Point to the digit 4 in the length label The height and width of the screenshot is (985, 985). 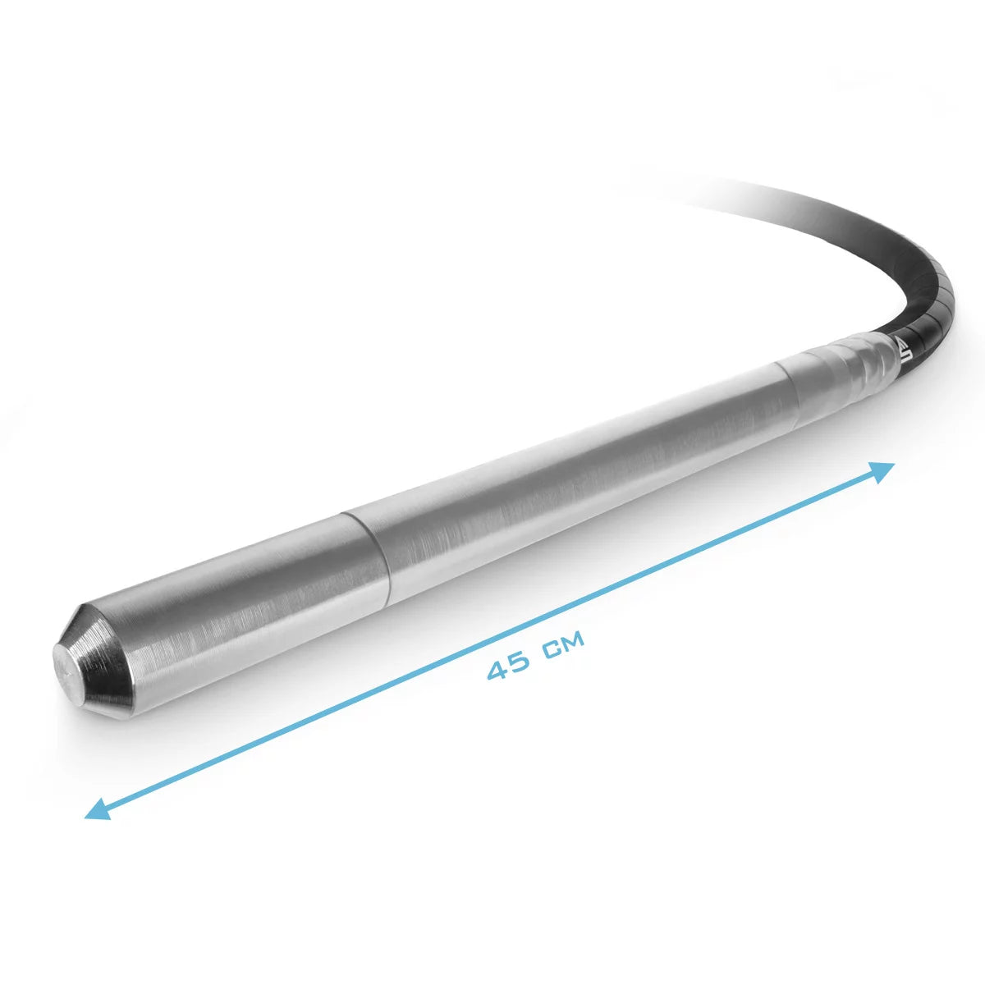click(498, 669)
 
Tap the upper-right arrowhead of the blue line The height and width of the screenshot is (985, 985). click(883, 470)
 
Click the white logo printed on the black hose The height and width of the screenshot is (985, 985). click(905, 349)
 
